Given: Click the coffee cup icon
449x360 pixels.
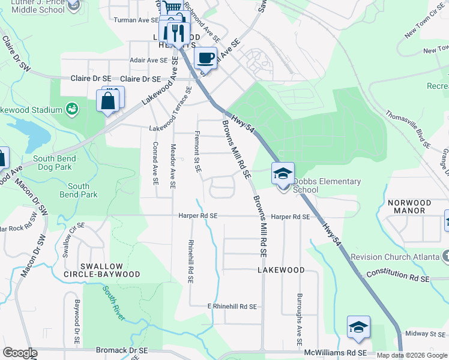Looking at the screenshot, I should click(x=206, y=58).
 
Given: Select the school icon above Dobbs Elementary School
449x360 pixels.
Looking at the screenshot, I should click(x=283, y=174).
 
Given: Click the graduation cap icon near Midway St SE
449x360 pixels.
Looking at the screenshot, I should click(x=358, y=327).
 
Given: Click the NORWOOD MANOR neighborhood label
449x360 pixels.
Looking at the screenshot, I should click(x=409, y=207).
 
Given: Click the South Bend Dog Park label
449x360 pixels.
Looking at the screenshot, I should click(x=55, y=163).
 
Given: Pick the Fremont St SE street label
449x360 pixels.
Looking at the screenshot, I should click(x=197, y=152).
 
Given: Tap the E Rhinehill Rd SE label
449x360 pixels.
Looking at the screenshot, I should click(x=232, y=306).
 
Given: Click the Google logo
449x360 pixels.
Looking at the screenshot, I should click(x=20, y=353).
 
